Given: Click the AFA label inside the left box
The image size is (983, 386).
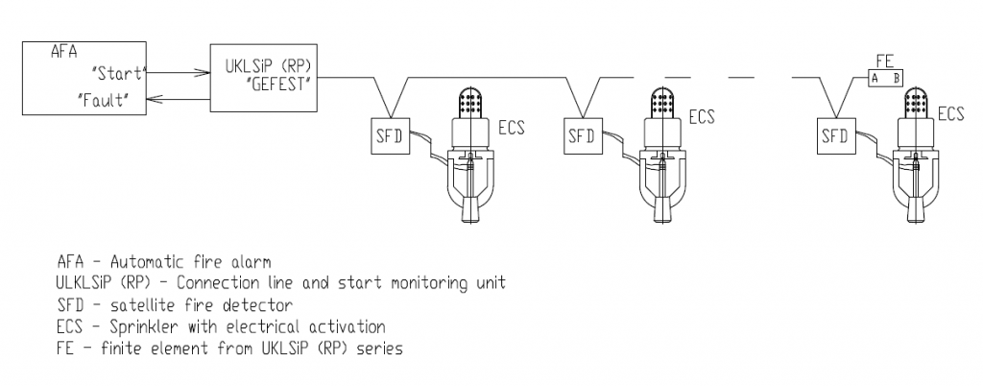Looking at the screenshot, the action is coord(64,52).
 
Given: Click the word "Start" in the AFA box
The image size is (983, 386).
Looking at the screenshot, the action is coord(118,73).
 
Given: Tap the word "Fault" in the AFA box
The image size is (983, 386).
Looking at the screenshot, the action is coord(103,100).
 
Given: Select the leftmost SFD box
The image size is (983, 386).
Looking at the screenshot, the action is coord(390,135).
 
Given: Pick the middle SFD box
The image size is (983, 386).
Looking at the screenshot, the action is coord(583,135).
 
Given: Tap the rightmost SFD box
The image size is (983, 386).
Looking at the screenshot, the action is coord(836,135).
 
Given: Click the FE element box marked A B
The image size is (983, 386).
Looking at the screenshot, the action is coord(886,79).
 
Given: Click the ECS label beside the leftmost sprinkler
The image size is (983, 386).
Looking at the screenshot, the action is coord(512,127).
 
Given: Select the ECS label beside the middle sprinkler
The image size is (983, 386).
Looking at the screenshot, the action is coord(702,116).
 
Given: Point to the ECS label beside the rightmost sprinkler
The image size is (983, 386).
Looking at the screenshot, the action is coord(951,113).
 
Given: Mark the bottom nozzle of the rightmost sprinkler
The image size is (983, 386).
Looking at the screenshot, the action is coord(918,209).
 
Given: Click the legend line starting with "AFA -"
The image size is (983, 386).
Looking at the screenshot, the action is coord(164,261).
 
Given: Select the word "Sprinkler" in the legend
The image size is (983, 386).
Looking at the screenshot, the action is coord(143,327).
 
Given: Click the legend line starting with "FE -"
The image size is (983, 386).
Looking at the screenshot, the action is coord(229,349).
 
